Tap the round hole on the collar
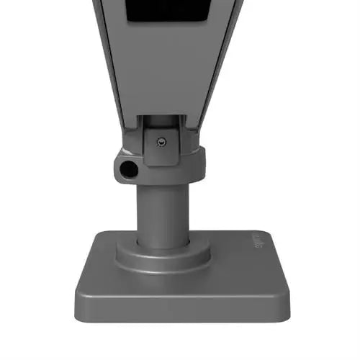(129, 170)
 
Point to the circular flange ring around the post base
(163, 253)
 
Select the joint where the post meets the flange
(163, 243)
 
